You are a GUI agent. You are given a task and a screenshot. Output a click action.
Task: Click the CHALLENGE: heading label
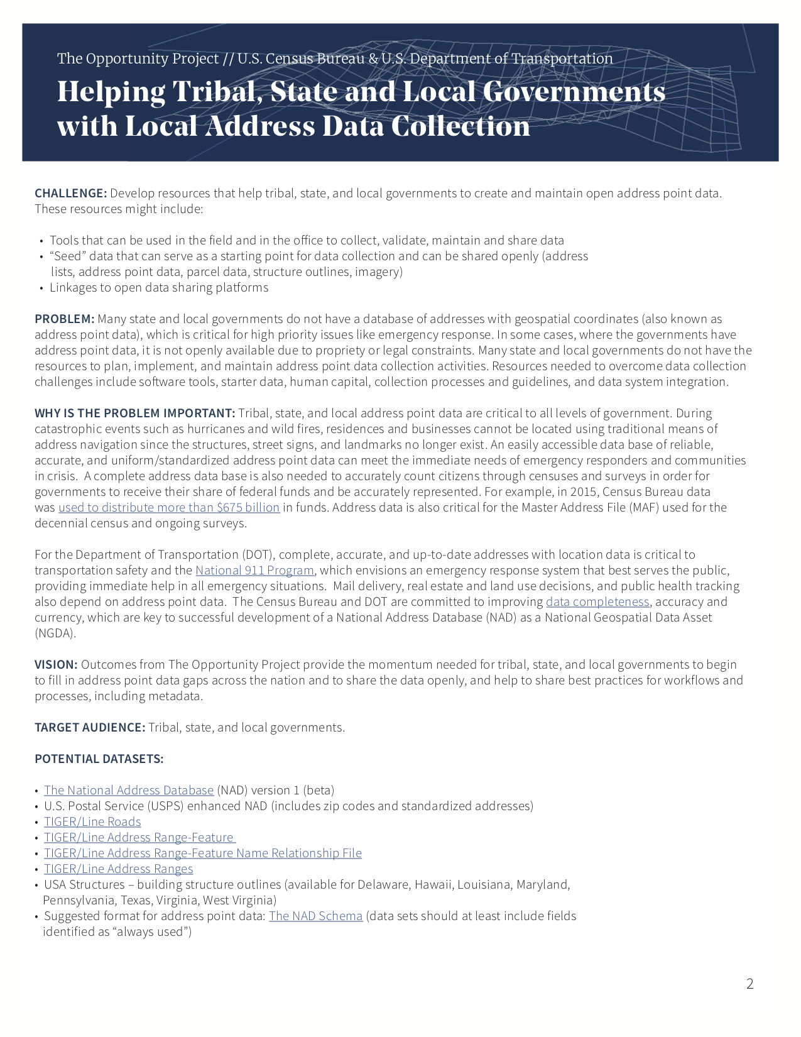[x=70, y=194]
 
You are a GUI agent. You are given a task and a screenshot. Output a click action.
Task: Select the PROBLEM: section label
[x=64, y=319]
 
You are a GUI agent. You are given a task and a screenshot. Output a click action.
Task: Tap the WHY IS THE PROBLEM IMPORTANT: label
[x=134, y=414]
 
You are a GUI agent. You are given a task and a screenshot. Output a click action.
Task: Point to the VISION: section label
[x=56, y=665]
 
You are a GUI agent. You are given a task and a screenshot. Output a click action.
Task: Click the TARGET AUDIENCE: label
[x=90, y=728]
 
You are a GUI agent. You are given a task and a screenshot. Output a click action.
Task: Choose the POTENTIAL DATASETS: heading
[x=99, y=759]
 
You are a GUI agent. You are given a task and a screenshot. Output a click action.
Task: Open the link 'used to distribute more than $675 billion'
[x=168, y=508]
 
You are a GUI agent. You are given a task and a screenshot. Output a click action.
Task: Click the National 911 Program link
[x=254, y=571]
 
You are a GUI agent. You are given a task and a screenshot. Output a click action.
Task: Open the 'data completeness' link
[x=597, y=602]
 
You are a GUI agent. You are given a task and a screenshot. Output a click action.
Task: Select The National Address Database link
[x=129, y=791]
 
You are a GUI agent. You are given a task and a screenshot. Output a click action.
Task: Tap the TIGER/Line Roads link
[x=92, y=822]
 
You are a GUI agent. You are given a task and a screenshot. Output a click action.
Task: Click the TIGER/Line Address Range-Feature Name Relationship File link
[x=202, y=853]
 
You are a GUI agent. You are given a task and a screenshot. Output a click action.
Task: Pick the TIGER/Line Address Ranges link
[x=118, y=869]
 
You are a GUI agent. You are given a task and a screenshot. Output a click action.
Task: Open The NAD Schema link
[x=315, y=916]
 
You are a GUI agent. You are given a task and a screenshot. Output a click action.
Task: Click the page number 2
[x=749, y=984]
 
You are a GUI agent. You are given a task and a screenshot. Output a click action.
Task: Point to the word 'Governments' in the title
[x=574, y=92]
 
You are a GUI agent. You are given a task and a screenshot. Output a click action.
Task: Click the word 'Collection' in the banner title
[x=460, y=126]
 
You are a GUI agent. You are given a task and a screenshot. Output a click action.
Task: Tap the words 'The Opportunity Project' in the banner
[x=138, y=59]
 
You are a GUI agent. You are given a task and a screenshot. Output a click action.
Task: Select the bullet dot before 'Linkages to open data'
[x=41, y=288]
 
